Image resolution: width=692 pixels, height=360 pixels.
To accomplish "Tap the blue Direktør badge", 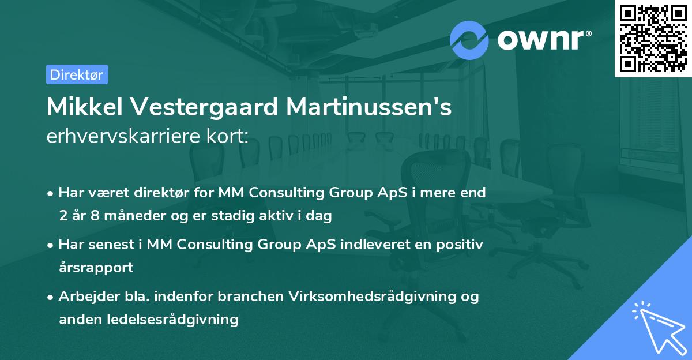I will (77, 74).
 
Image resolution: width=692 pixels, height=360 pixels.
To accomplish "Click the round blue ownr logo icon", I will (469, 40).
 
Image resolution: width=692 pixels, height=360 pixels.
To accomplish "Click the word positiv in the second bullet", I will (461, 245).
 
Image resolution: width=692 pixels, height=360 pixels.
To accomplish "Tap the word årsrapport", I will (96, 267).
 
